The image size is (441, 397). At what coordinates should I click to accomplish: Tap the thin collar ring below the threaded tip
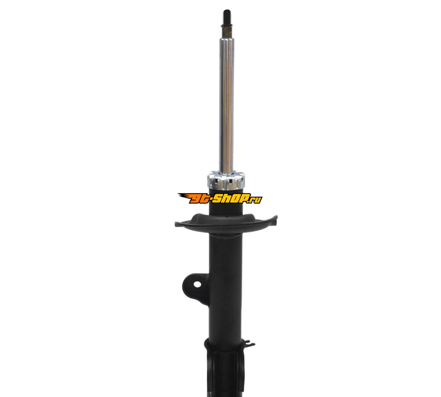click(227, 26)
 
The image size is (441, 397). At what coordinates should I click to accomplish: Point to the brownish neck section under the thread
click(227, 33)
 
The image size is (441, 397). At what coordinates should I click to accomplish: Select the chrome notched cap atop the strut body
click(226, 179)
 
